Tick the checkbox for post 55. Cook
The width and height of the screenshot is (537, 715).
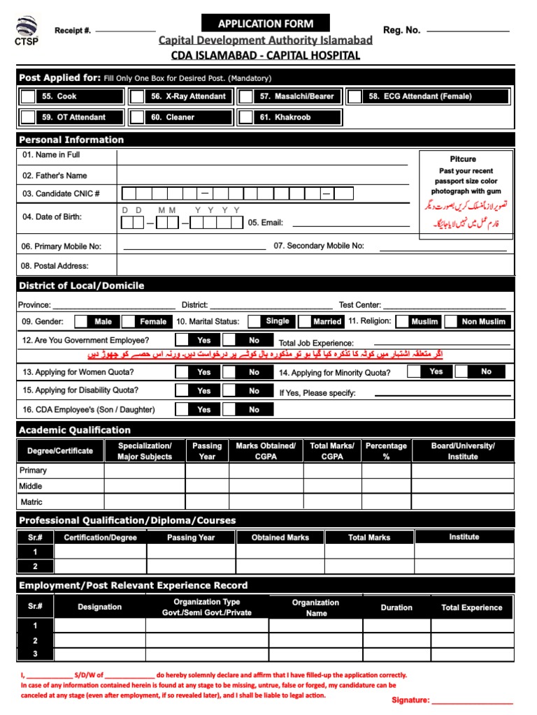click(x=27, y=96)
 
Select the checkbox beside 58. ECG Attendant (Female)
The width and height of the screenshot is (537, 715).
click(x=355, y=96)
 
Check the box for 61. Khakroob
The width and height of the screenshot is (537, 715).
click(x=245, y=117)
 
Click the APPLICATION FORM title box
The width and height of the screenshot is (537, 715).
click(x=265, y=24)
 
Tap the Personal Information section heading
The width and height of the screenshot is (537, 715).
click(x=71, y=140)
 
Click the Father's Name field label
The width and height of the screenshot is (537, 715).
click(x=55, y=175)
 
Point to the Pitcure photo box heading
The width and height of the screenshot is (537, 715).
click(x=463, y=159)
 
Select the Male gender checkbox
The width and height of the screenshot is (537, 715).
click(x=81, y=322)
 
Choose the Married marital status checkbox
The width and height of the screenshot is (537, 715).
click(x=305, y=322)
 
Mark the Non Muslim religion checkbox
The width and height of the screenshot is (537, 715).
click(x=450, y=322)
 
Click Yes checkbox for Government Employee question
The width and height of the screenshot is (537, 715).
click(x=181, y=341)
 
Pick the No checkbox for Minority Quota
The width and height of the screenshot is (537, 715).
click(x=461, y=372)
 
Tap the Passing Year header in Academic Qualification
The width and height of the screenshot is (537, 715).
click(x=207, y=451)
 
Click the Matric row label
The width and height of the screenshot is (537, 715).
click(x=31, y=502)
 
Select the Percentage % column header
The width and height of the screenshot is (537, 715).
click(x=386, y=451)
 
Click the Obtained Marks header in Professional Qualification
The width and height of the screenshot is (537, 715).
click(x=280, y=538)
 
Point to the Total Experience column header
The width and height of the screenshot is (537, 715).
click(x=471, y=607)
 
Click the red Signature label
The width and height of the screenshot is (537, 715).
click(x=410, y=700)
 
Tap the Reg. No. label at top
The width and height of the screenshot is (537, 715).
click(x=401, y=30)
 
